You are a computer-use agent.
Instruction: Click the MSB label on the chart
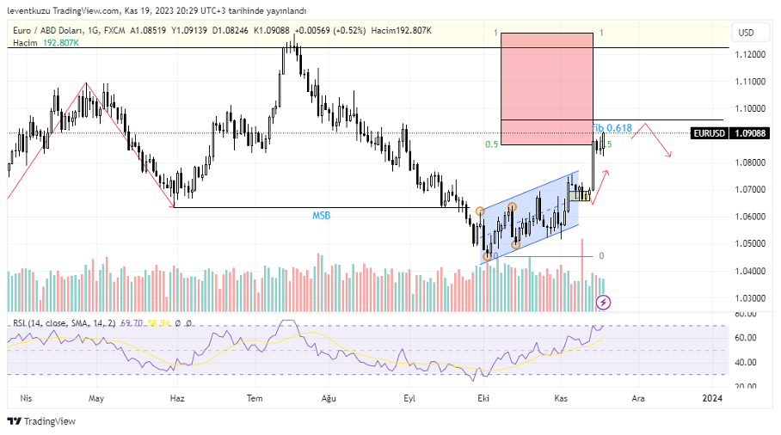tap(322, 216)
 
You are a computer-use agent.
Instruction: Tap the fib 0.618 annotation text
tap(612, 128)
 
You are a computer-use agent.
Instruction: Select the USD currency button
tap(746, 33)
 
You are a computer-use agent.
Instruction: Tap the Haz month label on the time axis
tap(177, 398)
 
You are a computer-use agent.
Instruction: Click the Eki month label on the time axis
tap(483, 398)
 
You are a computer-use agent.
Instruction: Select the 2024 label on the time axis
tap(711, 398)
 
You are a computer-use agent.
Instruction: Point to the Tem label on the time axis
tap(255, 398)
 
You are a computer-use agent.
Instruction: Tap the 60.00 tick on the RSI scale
tap(747, 338)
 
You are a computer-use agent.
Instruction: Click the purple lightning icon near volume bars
tap(604, 302)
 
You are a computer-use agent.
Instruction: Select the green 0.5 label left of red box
tap(491, 144)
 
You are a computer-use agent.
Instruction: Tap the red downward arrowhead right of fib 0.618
tap(669, 155)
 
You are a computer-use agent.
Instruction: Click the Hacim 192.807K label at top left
tap(44, 43)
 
